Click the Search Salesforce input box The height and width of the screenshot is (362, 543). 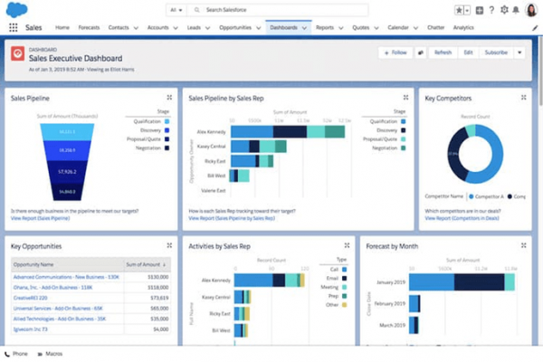[271, 9]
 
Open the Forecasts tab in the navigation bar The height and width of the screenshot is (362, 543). [89, 28]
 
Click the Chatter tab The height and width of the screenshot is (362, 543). [433, 28]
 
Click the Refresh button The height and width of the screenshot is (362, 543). [443, 52]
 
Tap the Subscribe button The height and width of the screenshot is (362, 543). [496, 52]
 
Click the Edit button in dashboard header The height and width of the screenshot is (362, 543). [468, 52]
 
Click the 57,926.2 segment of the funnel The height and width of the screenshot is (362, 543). [65, 170]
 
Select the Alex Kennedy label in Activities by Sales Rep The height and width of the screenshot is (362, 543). [215, 281]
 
